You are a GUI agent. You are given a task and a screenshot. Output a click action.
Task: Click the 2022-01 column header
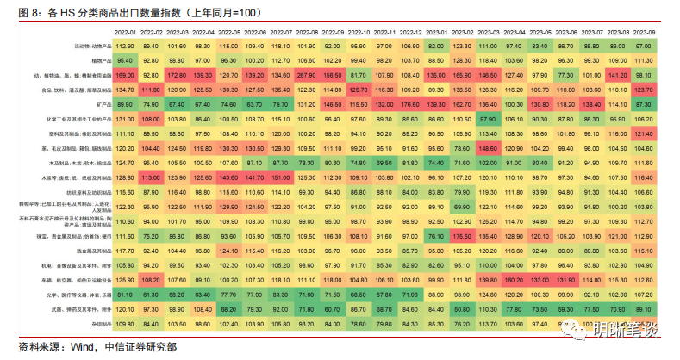(x=125, y=31)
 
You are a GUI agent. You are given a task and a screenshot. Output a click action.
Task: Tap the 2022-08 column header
(x=307, y=31)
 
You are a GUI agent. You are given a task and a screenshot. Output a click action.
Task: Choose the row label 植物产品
(x=97, y=60)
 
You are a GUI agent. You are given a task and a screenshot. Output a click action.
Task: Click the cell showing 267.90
(x=307, y=75)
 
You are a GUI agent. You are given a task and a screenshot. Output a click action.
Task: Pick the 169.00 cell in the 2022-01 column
(x=125, y=75)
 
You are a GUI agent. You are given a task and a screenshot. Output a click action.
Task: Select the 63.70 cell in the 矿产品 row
(x=255, y=102)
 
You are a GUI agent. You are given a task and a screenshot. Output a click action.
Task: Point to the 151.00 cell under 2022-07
(x=281, y=177)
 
